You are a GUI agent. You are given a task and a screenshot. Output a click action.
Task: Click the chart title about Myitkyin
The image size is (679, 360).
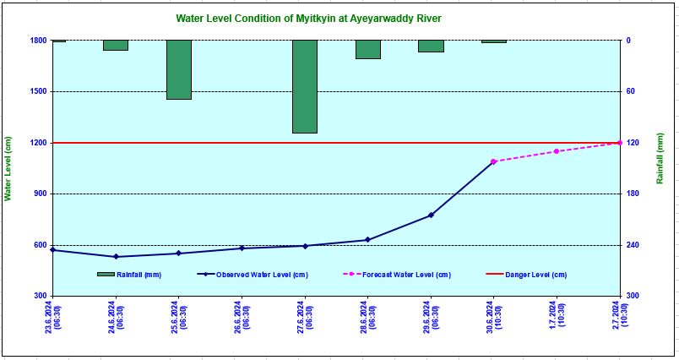[308, 18]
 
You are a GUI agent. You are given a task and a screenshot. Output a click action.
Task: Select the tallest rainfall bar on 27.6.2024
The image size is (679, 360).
[305, 86]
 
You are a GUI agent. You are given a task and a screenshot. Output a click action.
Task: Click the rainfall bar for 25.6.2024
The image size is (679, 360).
[178, 69]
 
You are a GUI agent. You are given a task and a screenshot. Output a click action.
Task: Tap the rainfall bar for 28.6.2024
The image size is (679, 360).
[367, 49]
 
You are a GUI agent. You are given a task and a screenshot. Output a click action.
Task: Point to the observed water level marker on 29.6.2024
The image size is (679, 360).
[431, 215]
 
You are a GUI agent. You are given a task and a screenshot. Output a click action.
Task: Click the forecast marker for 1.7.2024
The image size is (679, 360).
[557, 151]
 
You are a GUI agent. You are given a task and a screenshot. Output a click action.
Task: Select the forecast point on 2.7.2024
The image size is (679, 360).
[620, 143]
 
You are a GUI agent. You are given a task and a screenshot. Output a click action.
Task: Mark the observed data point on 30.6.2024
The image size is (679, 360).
[493, 161]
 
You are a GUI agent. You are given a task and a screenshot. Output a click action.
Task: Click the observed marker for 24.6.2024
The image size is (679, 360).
[116, 257]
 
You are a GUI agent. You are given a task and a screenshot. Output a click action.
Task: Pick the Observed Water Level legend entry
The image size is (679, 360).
[253, 275]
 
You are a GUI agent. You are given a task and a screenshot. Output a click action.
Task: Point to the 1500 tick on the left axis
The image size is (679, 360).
[37, 91]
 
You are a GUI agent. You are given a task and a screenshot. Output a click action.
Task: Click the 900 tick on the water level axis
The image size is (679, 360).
[40, 194]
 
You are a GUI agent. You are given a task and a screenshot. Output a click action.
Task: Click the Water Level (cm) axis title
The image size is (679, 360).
[8, 169]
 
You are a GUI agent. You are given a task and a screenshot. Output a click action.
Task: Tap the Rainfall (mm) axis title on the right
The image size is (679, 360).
[660, 158]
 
